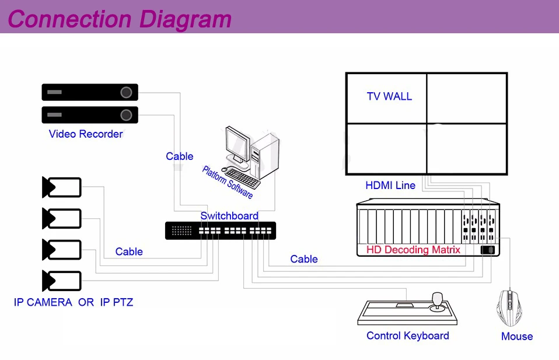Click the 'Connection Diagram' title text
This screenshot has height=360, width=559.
point(120,19)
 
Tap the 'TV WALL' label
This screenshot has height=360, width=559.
point(389,96)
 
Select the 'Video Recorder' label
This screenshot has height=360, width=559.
point(86,134)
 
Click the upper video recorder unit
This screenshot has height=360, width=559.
point(89,92)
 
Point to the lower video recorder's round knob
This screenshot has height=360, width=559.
point(126,114)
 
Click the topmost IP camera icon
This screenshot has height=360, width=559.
point(61,187)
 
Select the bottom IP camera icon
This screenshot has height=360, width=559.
point(61,281)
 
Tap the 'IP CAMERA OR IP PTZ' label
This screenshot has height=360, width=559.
point(74,302)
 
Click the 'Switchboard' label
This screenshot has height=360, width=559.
point(229,216)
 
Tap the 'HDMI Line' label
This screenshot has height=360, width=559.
point(390,186)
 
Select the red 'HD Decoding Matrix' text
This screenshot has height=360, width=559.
point(413,250)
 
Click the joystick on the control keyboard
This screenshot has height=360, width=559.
point(437,302)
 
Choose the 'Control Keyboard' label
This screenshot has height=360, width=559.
point(407,335)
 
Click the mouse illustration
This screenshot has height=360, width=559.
point(509,307)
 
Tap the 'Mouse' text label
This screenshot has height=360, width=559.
point(517,336)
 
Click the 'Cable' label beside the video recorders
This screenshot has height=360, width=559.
point(179,156)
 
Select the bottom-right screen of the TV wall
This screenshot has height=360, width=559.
point(466,148)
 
